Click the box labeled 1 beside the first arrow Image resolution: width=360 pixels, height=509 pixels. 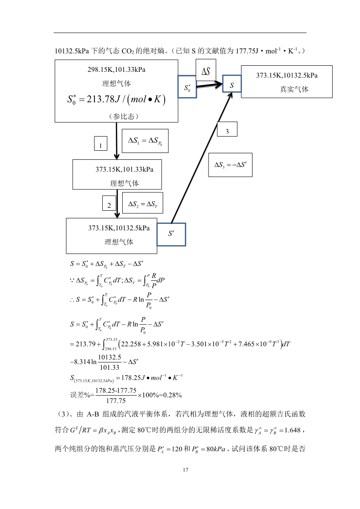tap(101, 144)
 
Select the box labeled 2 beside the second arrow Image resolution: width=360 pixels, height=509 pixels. tap(109, 203)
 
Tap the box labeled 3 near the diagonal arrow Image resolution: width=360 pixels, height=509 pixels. tap(227, 130)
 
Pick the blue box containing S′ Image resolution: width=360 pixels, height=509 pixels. tap(171, 234)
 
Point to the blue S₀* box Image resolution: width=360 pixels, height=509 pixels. tap(187, 87)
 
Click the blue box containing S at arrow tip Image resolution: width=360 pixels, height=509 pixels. tap(232, 84)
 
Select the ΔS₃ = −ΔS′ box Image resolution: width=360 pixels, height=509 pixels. tap(230, 165)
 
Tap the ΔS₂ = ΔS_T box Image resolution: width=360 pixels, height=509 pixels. tap(142, 203)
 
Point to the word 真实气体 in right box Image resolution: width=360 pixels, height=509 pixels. tap(294, 89)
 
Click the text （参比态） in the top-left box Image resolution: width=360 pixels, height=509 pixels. tap(117, 116)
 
